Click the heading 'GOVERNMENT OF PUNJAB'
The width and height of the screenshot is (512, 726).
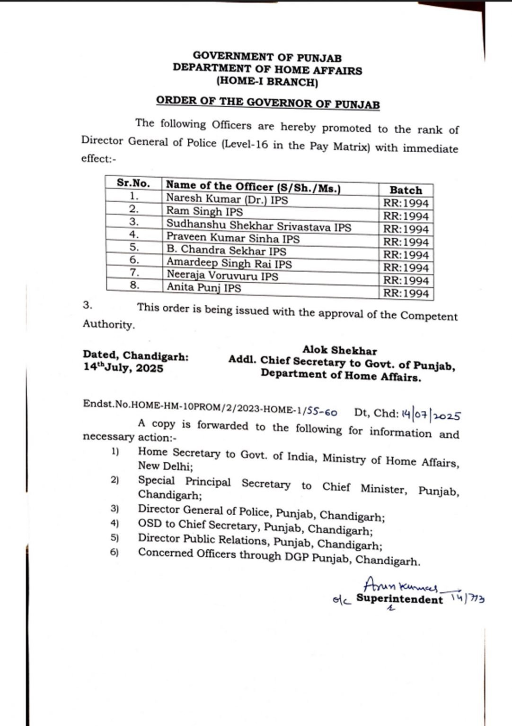(x=267, y=58)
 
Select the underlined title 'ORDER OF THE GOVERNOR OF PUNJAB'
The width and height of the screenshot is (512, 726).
(x=268, y=103)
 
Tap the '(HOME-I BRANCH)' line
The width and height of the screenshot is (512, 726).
(x=267, y=82)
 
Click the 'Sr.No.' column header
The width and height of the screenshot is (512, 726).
(x=133, y=183)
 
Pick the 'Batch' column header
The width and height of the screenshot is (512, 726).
(x=406, y=190)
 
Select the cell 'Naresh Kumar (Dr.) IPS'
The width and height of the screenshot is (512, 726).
(x=227, y=199)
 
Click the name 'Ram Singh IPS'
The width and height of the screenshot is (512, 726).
(x=204, y=212)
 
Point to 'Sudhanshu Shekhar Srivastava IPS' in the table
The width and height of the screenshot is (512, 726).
(x=258, y=226)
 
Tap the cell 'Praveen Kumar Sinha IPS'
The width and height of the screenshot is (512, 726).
(x=233, y=239)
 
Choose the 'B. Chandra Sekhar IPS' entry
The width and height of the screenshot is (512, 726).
(x=226, y=251)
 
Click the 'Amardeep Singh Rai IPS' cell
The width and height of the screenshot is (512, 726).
(x=229, y=263)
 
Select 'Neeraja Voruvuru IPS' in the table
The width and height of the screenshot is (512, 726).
(x=222, y=275)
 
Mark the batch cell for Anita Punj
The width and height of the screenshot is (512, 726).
(x=406, y=294)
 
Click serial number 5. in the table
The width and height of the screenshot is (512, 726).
(x=134, y=247)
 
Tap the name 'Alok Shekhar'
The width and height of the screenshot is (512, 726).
(x=340, y=351)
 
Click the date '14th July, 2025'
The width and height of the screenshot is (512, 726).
(x=123, y=368)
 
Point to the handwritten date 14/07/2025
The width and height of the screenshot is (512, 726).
(x=431, y=415)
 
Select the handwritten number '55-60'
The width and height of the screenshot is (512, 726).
(x=323, y=413)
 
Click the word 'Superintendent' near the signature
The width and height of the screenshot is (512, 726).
(x=399, y=599)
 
